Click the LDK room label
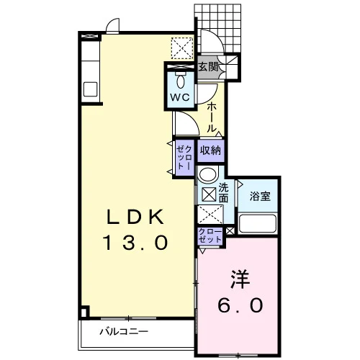135,217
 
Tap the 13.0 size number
135,243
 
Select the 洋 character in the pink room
240,280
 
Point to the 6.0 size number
240,305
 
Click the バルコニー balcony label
124,332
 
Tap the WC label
180,97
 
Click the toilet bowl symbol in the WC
181,81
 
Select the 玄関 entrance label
208,67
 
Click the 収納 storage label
210,150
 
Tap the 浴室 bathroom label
260,197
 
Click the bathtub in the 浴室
258,223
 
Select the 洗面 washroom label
223,193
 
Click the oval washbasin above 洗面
208,174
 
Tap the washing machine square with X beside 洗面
209,194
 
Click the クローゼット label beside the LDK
184,158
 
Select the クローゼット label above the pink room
210,235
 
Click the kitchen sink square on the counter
90,89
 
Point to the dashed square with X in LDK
182,48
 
